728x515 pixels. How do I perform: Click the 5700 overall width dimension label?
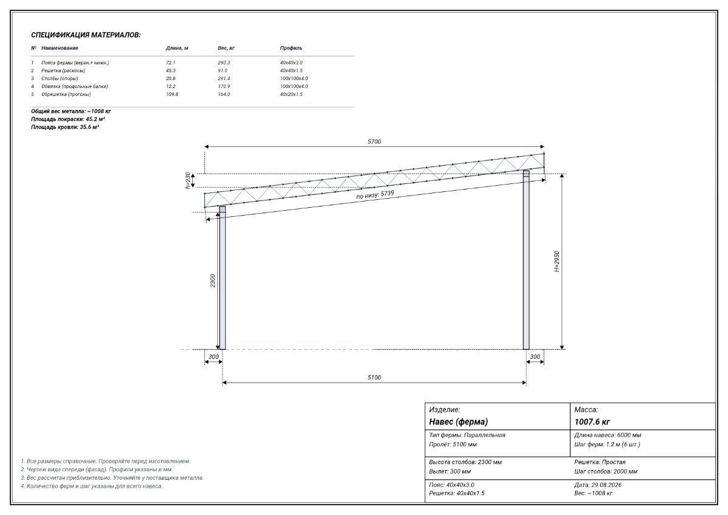pyautogui.click(x=374, y=142)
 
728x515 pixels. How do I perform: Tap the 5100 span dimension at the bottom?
pyautogui.click(x=374, y=377)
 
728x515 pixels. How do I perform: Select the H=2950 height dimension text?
pyautogui.click(x=557, y=261)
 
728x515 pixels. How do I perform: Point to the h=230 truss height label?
pyautogui.click(x=187, y=180)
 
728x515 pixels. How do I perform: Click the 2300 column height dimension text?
pyautogui.click(x=212, y=281)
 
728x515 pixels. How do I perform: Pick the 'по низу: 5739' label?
pyautogui.click(x=375, y=194)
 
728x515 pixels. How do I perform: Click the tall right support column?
pyautogui.click(x=526, y=259)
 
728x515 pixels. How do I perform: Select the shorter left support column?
pyautogui.click(x=222, y=278)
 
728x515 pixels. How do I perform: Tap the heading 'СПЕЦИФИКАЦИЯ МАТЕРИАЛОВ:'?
pyautogui.click(x=86, y=35)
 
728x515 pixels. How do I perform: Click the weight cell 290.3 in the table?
pyautogui.click(x=224, y=63)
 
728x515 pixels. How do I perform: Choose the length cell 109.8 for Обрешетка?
pyautogui.click(x=172, y=94)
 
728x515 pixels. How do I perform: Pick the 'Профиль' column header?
pyautogui.click(x=291, y=48)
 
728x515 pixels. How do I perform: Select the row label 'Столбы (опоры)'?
pyautogui.click(x=59, y=78)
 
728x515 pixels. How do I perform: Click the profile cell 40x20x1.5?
pyautogui.click(x=291, y=94)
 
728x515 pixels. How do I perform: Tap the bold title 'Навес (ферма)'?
pyautogui.click(x=458, y=421)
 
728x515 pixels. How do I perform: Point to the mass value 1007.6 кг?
pyautogui.click(x=592, y=422)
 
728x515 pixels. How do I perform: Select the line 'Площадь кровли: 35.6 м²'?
pyautogui.click(x=65, y=127)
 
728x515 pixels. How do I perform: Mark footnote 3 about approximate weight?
pyautogui.click(x=112, y=477)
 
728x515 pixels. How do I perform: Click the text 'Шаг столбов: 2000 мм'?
pyautogui.click(x=606, y=471)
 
